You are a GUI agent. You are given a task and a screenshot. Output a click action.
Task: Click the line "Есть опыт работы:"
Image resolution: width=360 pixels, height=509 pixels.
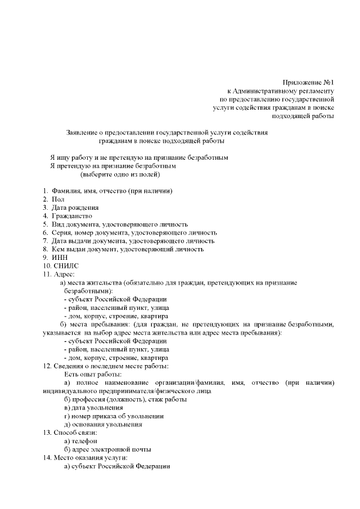click(93, 374)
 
